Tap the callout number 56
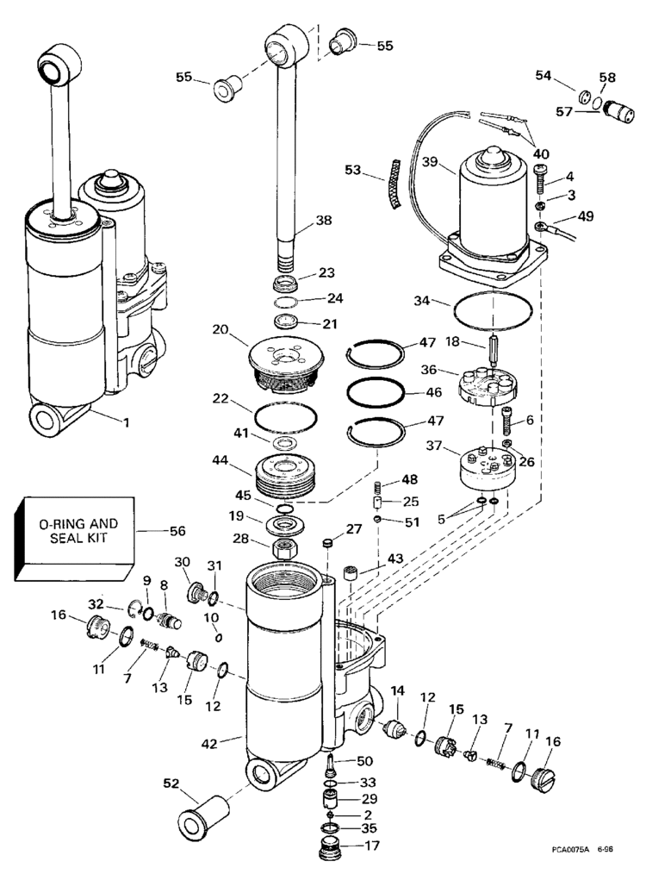(x=177, y=532)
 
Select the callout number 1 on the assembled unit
(x=127, y=423)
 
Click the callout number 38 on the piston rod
(x=322, y=220)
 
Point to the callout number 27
(x=354, y=529)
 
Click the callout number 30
(x=183, y=562)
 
